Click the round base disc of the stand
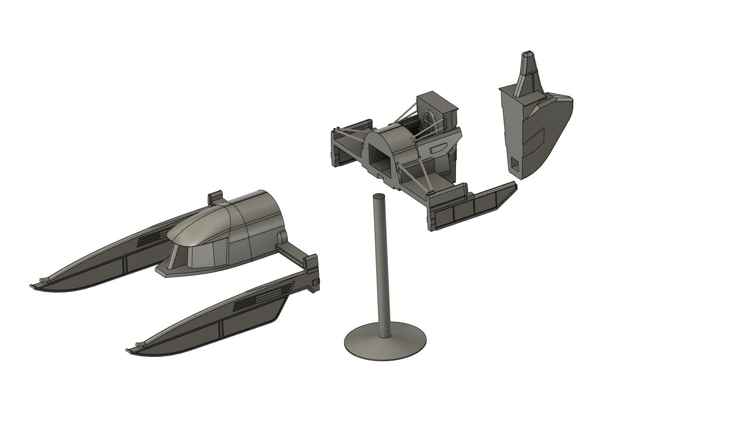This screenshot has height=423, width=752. click(x=364, y=345)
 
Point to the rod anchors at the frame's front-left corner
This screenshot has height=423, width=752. click(x=336, y=130)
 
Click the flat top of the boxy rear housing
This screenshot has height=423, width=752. click(x=436, y=99)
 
